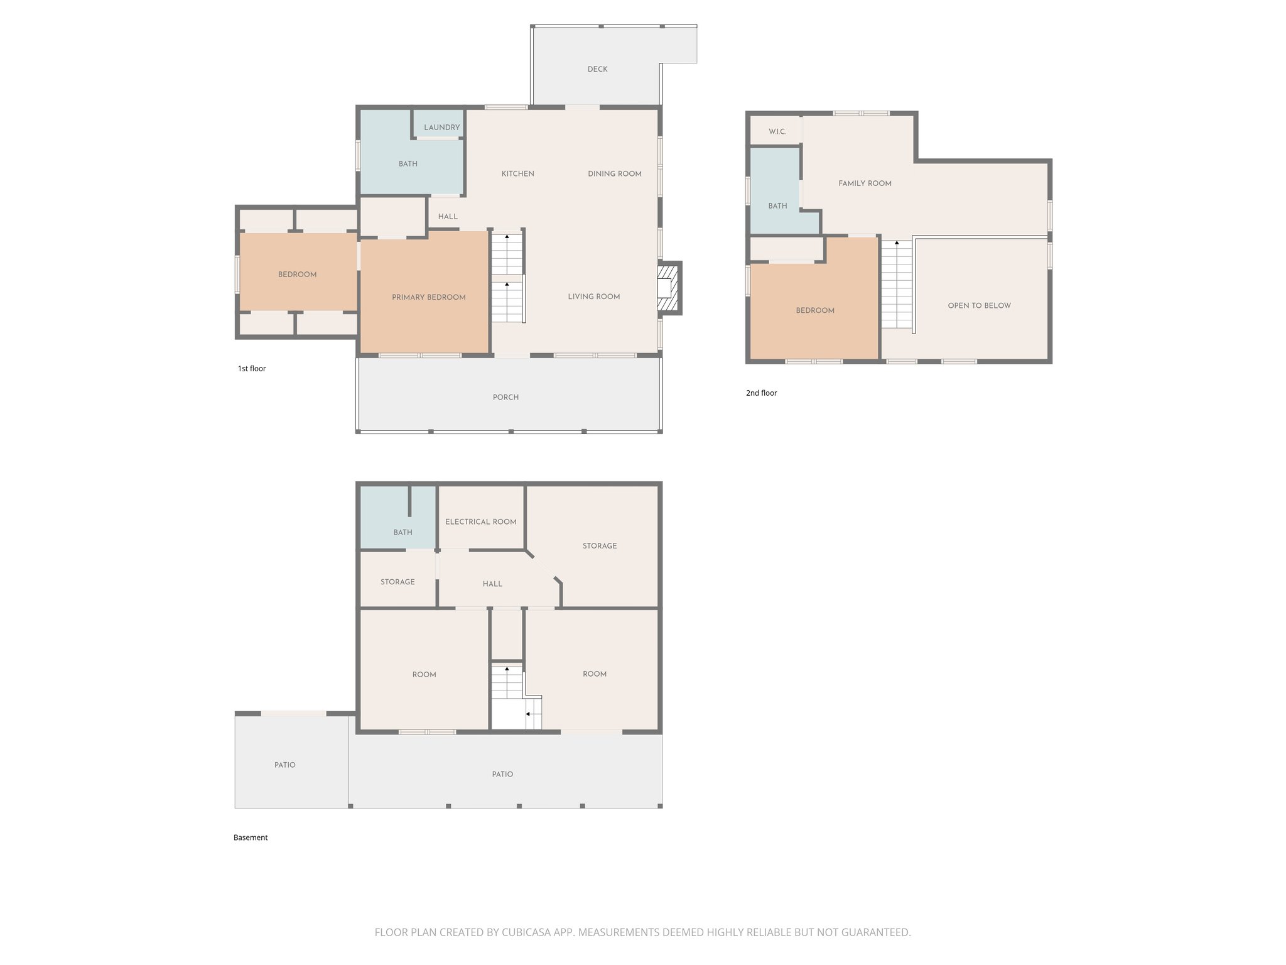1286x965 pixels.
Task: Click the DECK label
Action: pyautogui.click(x=597, y=69)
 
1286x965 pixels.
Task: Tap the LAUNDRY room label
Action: pyautogui.click(x=441, y=128)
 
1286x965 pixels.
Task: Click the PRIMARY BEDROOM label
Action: pyautogui.click(x=428, y=297)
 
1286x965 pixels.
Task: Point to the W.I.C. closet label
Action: pyautogui.click(x=777, y=132)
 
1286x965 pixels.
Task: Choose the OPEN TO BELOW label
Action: pyautogui.click(x=979, y=306)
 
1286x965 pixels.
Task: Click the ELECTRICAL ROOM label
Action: pyautogui.click(x=480, y=522)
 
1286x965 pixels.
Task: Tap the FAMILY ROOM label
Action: pyautogui.click(x=865, y=183)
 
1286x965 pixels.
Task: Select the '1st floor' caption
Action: pyautogui.click(x=252, y=369)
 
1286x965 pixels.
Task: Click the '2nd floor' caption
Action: pyautogui.click(x=761, y=393)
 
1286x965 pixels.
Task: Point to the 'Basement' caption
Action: pyautogui.click(x=251, y=837)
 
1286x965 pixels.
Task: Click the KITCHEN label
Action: pyautogui.click(x=517, y=174)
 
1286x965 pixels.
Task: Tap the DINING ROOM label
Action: pyautogui.click(x=614, y=174)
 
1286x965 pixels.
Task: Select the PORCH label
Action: pyautogui.click(x=505, y=398)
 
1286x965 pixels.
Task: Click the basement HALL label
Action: pyautogui.click(x=492, y=584)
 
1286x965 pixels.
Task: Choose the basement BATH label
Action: pyautogui.click(x=403, y=533)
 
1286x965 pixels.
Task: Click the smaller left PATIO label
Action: pyautogui.click(x=284, y=765)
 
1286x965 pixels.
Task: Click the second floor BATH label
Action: pyautogui.click(x=777, y=206)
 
